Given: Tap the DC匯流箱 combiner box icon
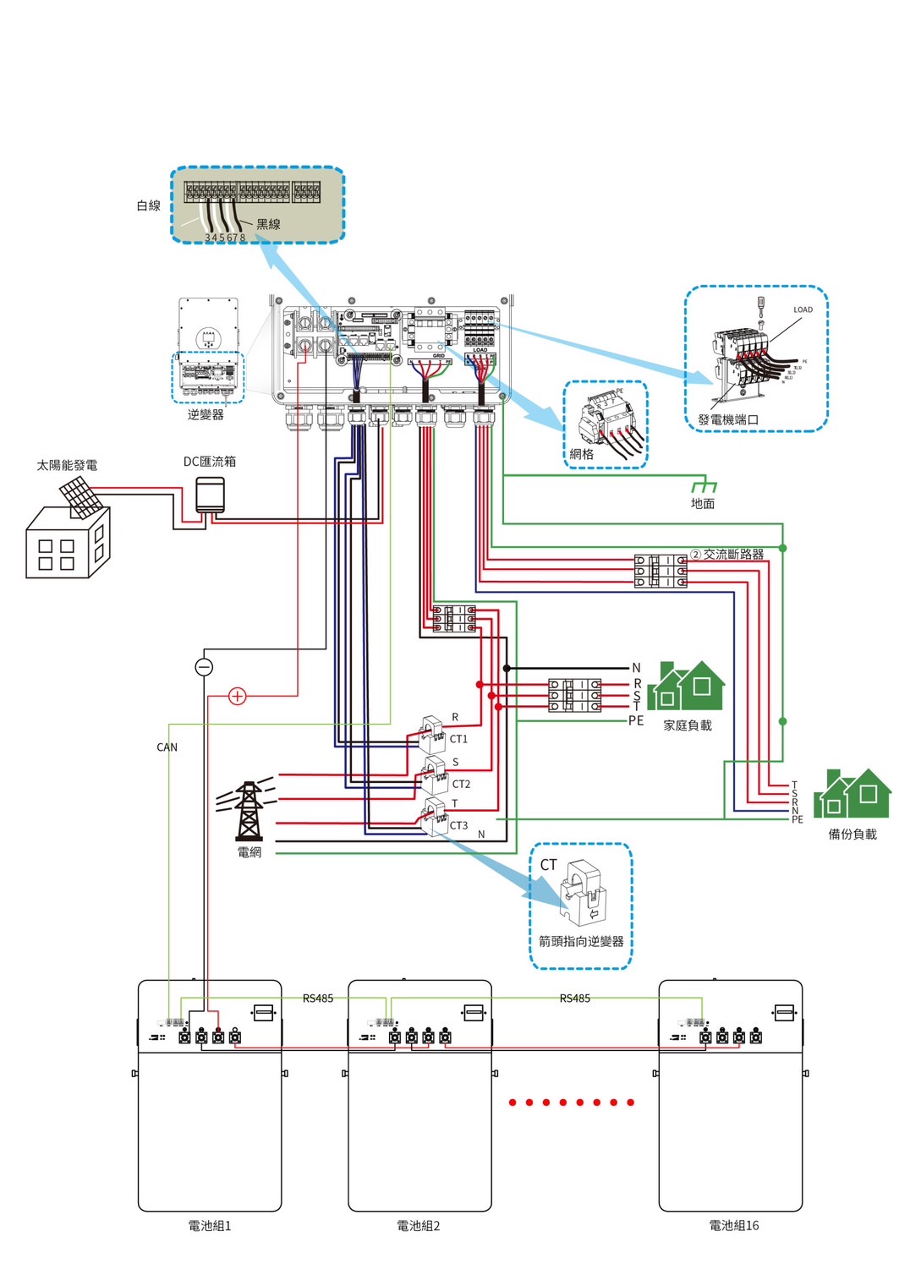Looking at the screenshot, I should click(x=210, y=495).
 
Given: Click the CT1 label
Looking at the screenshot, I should click(x=458, y=739).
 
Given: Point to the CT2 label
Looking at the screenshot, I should click(x=461, y=784).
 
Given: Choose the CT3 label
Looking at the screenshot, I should click(x=458, y=825).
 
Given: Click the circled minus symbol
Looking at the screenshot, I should click(x=204, y=667).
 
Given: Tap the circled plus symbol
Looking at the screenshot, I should click(x=238, y=696).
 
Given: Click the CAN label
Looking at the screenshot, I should click(x=167, y=747).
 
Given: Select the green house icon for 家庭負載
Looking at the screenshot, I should click(x=686, y=686).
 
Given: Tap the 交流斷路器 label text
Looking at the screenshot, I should click(x=733, y=555).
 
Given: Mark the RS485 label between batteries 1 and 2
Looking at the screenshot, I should click(x=318, y=999).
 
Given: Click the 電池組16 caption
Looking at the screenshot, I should click(x=733, y=1225).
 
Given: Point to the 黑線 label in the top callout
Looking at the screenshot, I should click(x=268, y=224).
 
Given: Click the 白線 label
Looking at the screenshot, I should click(x=149, y=205).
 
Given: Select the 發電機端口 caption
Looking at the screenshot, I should click(x=727, y=419).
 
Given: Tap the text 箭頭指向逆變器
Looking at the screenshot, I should click(x=581, y=941).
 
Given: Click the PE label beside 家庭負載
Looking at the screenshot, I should click(x=636, y=721).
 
